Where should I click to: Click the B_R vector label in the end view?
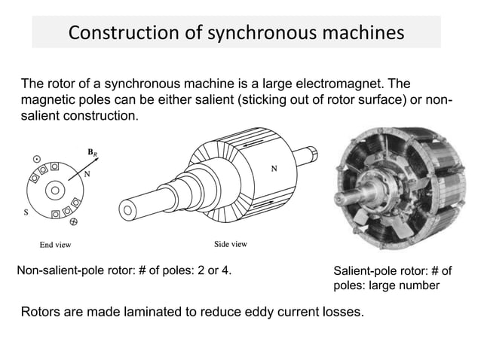coord(93,153)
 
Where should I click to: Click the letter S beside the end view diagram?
coord(28,212)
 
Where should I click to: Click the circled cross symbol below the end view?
coord(73,222)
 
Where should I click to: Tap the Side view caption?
coord(231,245)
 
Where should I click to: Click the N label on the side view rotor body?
coord(273,169)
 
